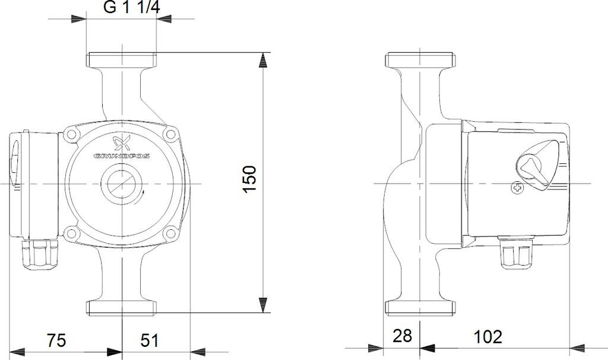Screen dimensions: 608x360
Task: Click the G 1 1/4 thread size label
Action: coord(131,8)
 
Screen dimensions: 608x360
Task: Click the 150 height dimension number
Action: coord(250,179)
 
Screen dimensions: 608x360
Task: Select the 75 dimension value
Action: coord(56,340)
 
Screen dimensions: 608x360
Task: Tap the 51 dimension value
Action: coord(149,340)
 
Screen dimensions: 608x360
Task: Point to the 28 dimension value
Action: coord(402,336)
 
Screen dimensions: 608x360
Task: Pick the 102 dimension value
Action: coord(488,336)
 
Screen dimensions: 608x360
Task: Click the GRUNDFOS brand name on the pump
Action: coord(122,156)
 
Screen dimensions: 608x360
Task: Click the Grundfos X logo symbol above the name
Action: coord(121,144)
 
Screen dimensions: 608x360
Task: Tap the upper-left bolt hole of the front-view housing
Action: coord(71,135)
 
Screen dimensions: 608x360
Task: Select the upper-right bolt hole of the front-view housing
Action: coord(169,134)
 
